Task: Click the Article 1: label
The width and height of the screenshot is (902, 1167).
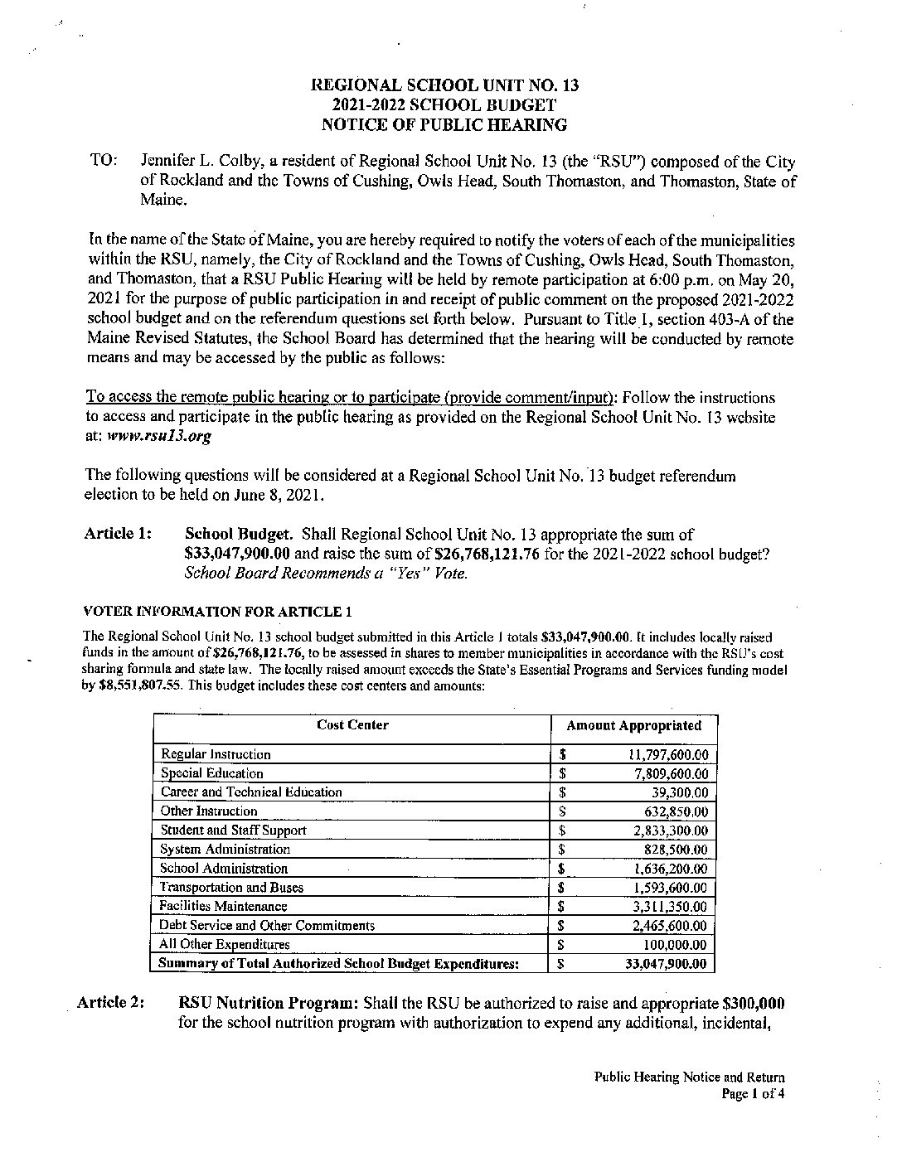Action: [x=118, y=534]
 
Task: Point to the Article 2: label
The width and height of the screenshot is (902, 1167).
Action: [x=110, y=1003]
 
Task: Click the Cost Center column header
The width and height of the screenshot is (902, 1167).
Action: [x=352, y=725]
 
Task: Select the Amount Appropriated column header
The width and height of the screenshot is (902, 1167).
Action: [x=633, y=726]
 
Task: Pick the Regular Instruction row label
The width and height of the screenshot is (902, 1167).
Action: [x=216, y=754]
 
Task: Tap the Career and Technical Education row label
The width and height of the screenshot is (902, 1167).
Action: [x=251, y=792]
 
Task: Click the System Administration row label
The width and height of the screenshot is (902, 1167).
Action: [x=225, y=850]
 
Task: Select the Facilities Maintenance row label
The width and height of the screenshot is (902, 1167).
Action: [x=223, y=907]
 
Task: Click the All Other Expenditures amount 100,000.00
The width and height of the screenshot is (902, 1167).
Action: [x=675, y=945]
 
